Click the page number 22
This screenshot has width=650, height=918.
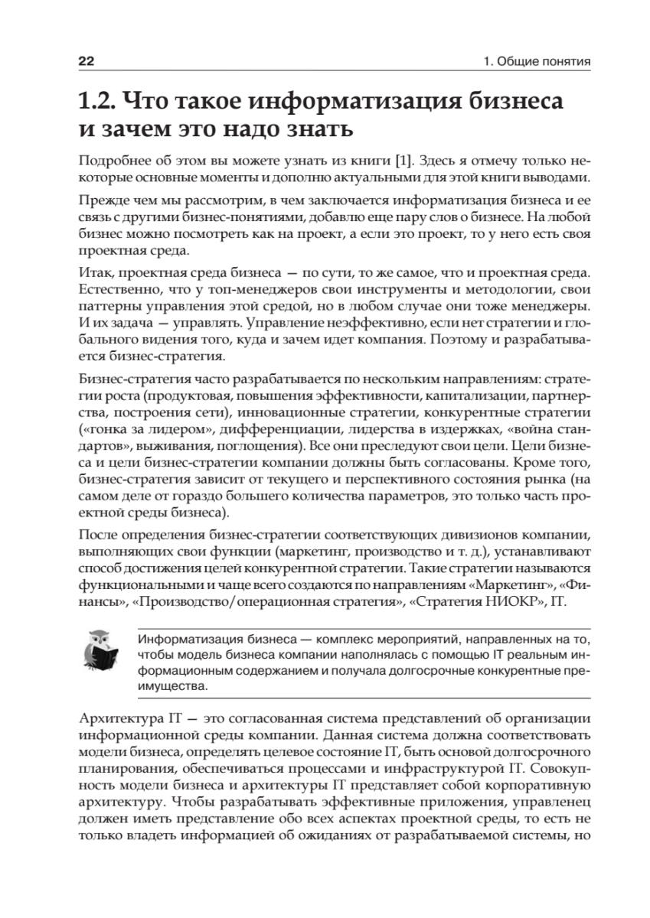(x=86, y=60)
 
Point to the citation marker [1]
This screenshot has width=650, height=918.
(x=403, y=162)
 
